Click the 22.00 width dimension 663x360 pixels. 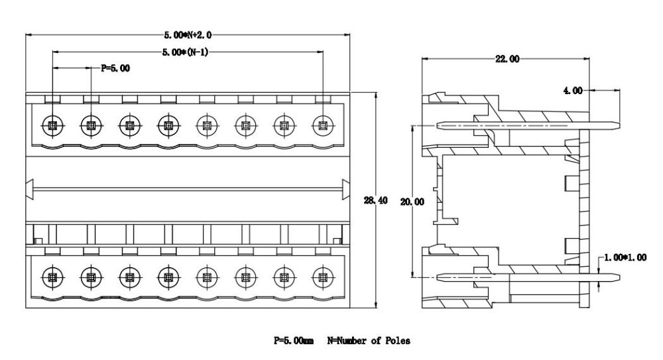(507, 59)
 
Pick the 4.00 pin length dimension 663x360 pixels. (573, 90)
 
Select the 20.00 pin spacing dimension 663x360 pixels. (412, 202)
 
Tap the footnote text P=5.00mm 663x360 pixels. (294, 341)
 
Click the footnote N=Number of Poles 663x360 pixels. (368, 341)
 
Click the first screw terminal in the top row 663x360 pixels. (52, 125)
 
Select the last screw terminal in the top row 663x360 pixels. (323, 125)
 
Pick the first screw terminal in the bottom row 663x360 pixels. (52, 276)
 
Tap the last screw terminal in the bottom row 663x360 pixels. (323, 276)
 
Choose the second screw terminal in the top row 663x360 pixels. (90, 125)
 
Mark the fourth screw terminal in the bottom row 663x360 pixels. (168, 276)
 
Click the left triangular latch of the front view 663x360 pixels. (29, 189)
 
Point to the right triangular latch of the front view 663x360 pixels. (345, 189)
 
